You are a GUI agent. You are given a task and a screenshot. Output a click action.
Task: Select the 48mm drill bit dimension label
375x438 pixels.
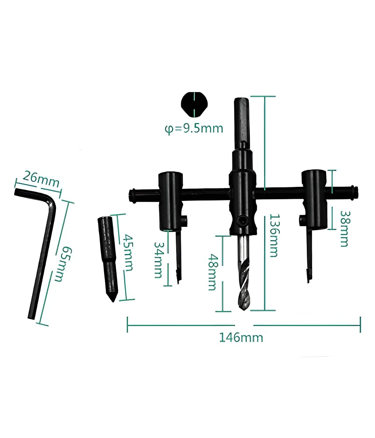[x=213, y=272]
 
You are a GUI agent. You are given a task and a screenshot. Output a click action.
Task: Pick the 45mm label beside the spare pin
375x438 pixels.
[x=128, y=252]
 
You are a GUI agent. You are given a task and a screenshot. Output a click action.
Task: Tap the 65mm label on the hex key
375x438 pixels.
[x=63, y=264]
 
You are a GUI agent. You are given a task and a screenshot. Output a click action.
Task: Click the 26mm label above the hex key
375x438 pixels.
[x=41, y=179]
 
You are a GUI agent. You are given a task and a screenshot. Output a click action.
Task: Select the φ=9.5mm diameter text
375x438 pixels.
[x=194, y=128]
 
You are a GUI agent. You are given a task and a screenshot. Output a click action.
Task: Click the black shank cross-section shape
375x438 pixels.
[x=194, y=105]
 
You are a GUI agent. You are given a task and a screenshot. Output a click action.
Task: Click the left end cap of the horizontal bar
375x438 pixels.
[x=132, y=196]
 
